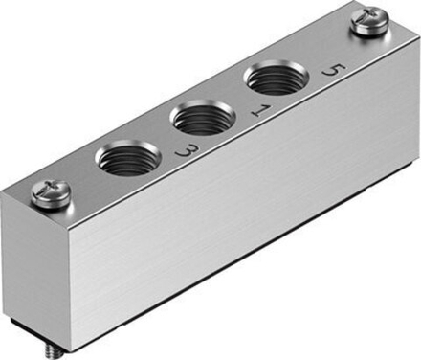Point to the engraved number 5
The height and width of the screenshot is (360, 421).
(x=332, y=71)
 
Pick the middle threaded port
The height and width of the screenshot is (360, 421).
(x=201, y=120)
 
